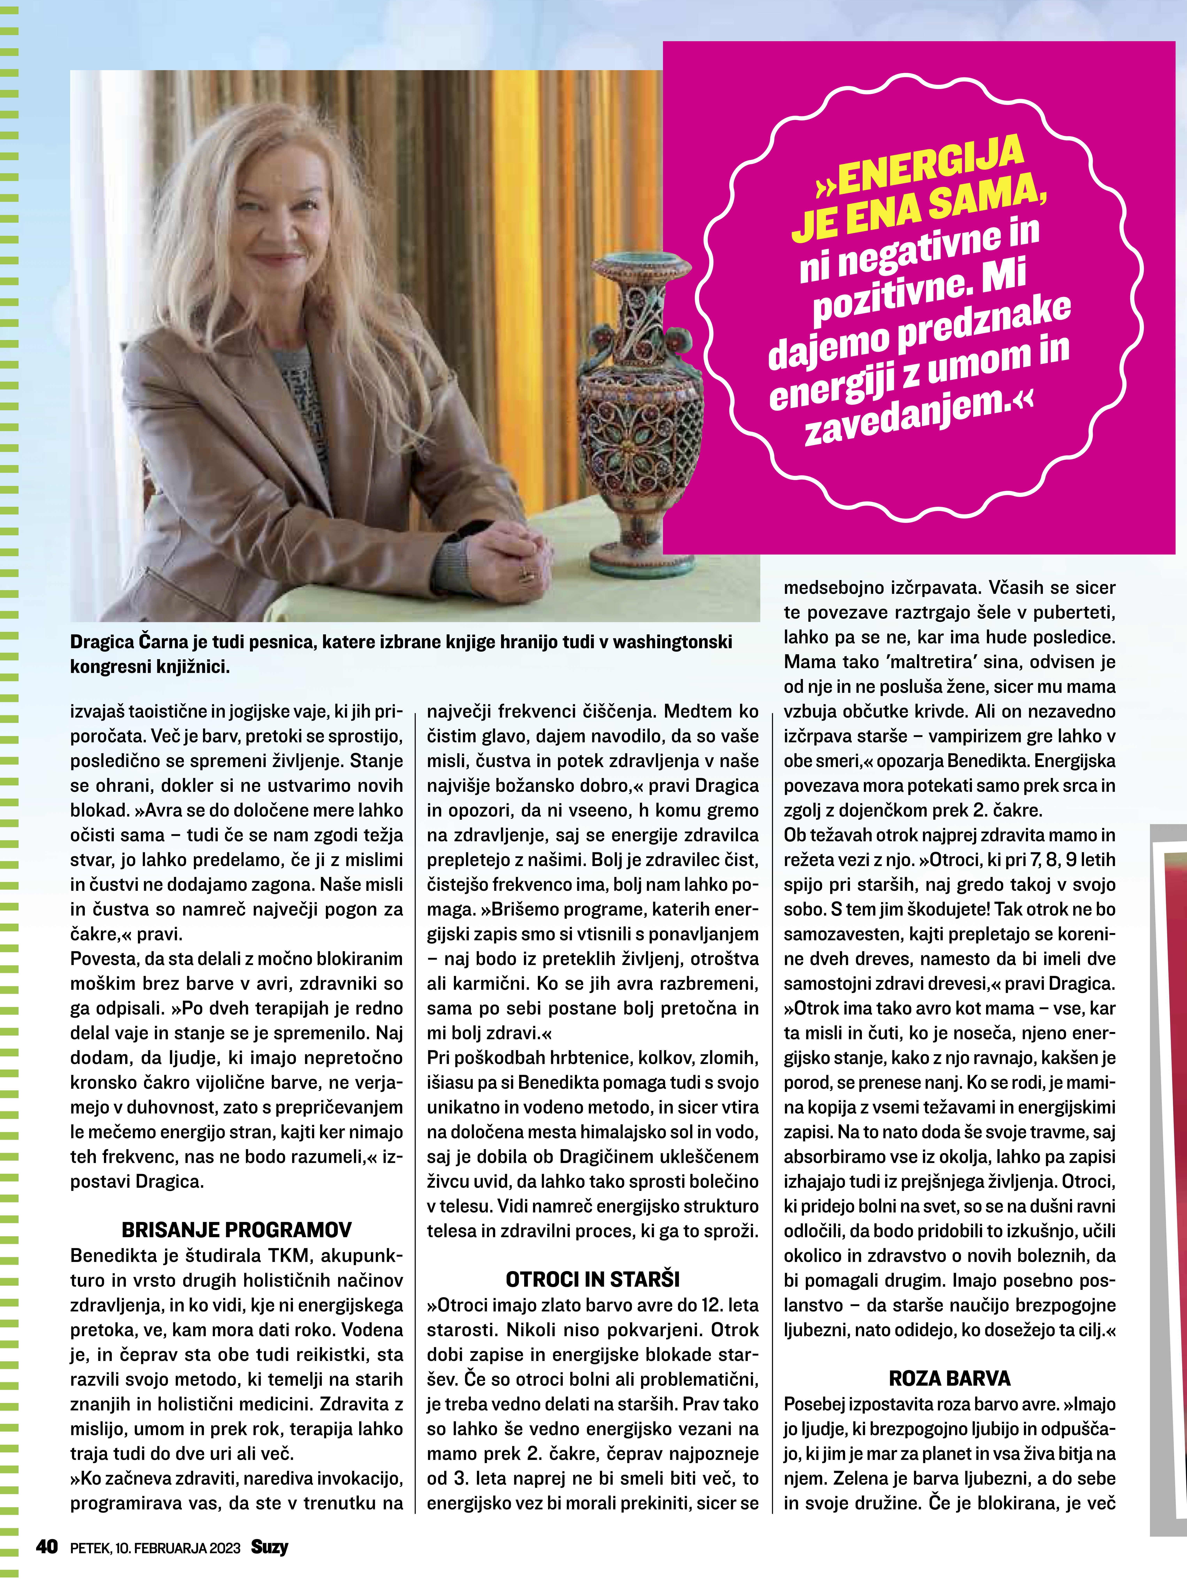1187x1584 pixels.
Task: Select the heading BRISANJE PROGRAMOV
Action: [236, 1230]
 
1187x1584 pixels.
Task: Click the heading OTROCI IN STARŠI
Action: [592, 1279]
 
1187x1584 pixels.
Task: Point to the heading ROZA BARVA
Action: [949, 1378]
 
